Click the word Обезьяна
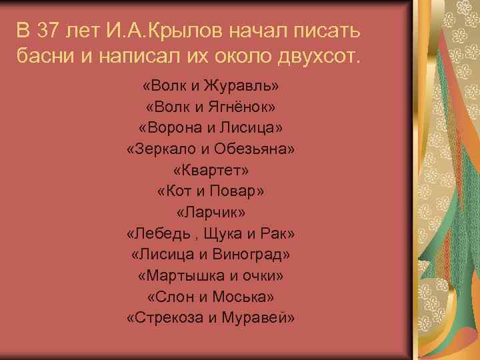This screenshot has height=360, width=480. tap(256, 149)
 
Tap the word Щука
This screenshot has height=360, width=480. tap(227, 234)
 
